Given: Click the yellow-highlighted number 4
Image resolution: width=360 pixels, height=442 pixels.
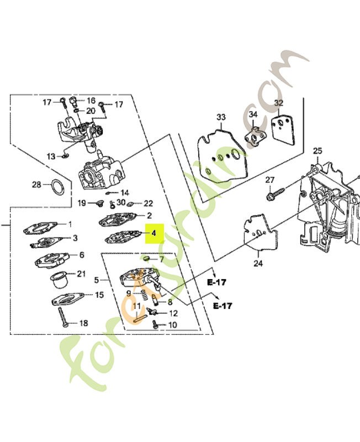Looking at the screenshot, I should pos(154,234).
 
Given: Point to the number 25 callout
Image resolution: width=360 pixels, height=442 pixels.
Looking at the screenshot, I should pos(317,151).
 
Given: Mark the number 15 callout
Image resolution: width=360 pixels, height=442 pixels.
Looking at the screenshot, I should pos(99,295).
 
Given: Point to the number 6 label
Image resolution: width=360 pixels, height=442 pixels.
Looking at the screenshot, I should pos(82,255).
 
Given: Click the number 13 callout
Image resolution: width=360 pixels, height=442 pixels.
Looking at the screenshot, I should pos(51,156).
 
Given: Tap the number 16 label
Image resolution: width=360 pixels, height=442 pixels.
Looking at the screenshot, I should pos(91,101).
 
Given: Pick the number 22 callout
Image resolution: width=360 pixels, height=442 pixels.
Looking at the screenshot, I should pos(148,204).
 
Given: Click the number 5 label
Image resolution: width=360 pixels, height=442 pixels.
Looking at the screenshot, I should pos(97,280).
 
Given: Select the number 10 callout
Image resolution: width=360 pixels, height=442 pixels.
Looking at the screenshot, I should pos(172,325).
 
